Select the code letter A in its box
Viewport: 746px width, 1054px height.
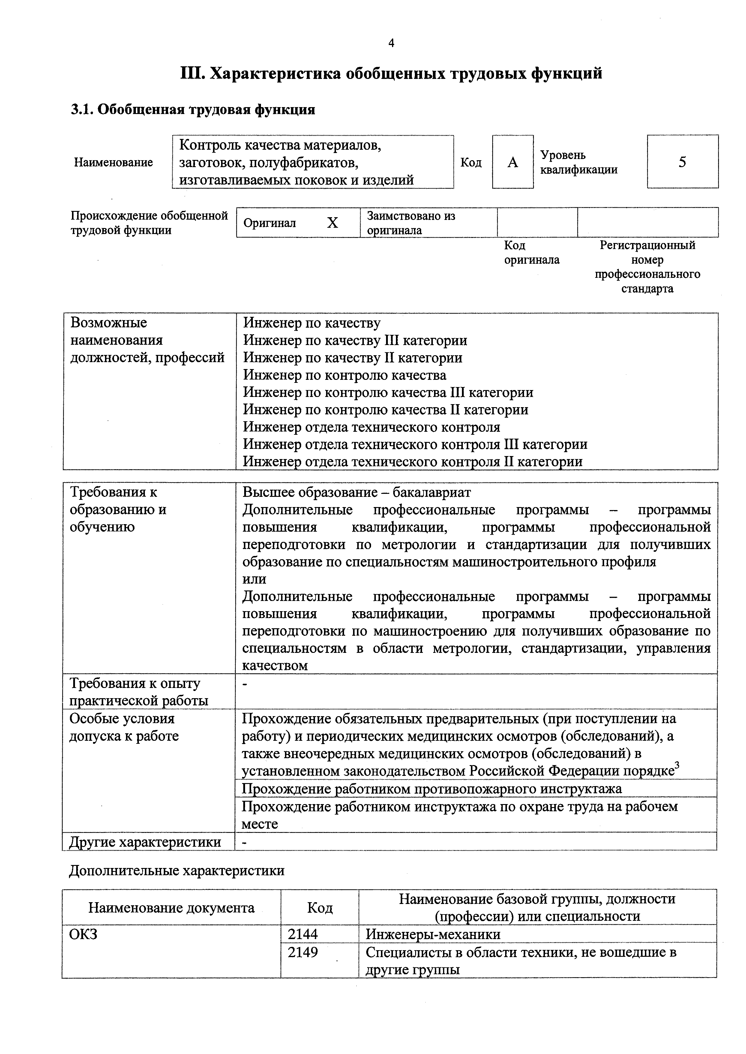pos(513,162)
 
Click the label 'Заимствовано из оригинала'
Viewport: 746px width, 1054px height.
pos(411,223)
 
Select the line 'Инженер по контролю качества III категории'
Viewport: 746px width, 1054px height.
pos(388,392)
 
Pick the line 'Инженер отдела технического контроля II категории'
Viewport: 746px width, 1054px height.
pos(412,461)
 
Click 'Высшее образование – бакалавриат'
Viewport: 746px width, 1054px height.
pos(356,493)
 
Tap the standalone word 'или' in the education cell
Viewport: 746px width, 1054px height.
pos(254,579)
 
